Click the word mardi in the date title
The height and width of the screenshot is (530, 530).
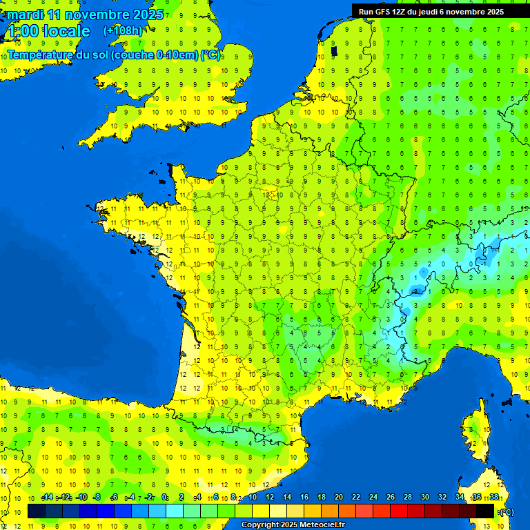[x=25, y=14]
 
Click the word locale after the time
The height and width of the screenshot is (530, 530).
[x=66, y=31]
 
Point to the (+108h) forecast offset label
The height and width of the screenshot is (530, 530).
[x=123, y=31]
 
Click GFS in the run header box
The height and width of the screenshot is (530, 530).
[x=386, y=12]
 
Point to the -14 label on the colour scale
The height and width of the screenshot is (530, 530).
[x=47, y=498]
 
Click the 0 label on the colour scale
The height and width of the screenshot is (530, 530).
[x=164, y=498]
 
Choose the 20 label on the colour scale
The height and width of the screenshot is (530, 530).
[x=338, y=498]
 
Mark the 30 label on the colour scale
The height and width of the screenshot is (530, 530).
[x=424, y=498]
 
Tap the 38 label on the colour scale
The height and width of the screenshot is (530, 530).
[x=493, y=498]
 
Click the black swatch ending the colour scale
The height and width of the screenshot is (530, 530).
[x=485, y=511]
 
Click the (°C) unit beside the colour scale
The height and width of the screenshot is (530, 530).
[x=506, y=511]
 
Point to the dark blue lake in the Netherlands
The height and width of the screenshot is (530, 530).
[x=334, y=50]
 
